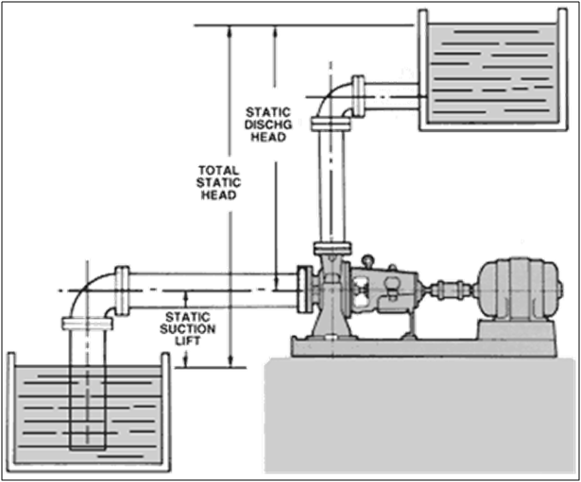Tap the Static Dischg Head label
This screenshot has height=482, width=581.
[x=266, y=123]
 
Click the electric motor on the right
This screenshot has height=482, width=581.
[x=514, y=288]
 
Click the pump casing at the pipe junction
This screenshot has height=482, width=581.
[x=331, y=283]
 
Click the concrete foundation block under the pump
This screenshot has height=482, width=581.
[x=425, y=415]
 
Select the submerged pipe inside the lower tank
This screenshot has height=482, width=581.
[x=90, y=396]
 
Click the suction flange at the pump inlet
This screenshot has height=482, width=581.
[x=302, y=288]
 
